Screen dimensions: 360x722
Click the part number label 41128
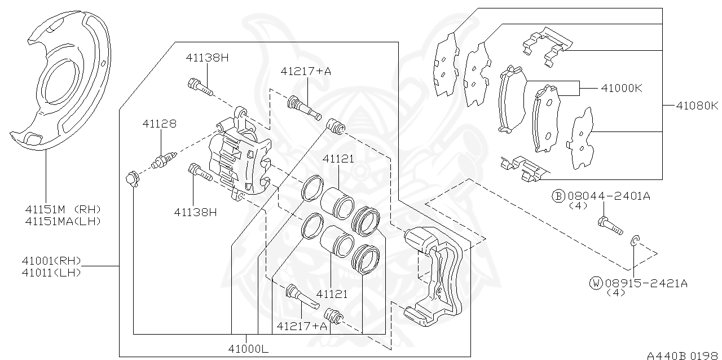(x=159, y=123)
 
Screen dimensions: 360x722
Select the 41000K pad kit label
(x=622, y=89)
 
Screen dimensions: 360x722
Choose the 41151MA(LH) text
(x=62, y=221)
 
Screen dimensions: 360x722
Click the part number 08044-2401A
(x=609, y=196)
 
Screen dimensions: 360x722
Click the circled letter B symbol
(x=557, y=196)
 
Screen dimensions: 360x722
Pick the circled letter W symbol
(x=596, y=283)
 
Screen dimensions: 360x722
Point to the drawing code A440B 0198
(x=683, y=355)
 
